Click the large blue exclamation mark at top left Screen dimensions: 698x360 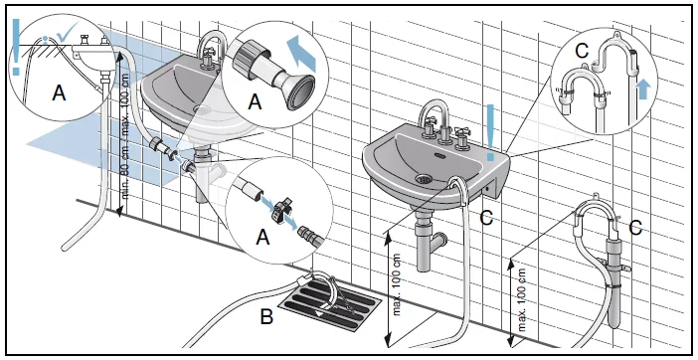(16, 47)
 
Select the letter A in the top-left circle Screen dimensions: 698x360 (59, 93)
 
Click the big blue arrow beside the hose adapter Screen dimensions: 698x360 (301, 54)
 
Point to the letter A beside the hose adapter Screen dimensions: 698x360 (255, 101)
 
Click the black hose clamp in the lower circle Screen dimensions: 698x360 (280, 208)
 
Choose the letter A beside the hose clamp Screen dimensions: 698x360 (262, 237)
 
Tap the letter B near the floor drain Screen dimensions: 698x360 (266, 316)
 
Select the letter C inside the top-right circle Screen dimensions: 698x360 (582, 52)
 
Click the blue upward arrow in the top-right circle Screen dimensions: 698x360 (642, 90)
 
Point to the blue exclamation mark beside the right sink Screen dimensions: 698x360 (490, 132)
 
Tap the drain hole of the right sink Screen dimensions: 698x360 (424, 179)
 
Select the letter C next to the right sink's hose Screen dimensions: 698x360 (486, 218)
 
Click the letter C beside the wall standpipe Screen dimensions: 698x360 (635, 228)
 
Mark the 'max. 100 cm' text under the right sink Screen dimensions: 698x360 (397, 284)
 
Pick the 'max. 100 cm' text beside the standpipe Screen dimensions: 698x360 (522, 300)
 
